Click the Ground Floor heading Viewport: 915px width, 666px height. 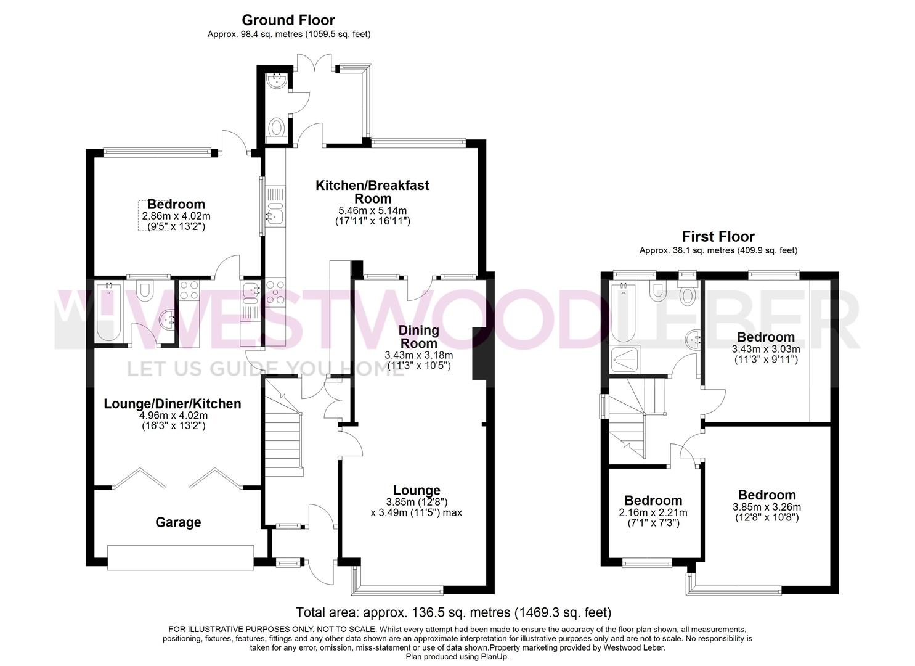[288, 20]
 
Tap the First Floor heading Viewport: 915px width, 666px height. [718, 236]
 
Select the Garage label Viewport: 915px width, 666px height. [178, 522]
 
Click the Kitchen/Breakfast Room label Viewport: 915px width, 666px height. [372, 192]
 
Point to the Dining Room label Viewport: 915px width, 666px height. [418, 337]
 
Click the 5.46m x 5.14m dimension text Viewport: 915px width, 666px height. [372, 211]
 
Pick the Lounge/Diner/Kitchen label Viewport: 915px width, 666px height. [173, 404]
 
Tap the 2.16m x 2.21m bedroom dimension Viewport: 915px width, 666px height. [653, 512]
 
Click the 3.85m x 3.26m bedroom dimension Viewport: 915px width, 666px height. [767, 508]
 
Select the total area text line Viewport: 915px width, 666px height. [453, 612]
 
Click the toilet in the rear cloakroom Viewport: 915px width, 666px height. [276, 129]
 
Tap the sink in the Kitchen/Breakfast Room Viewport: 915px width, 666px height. [274, 214]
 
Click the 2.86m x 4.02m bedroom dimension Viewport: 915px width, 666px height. [176, 216]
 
